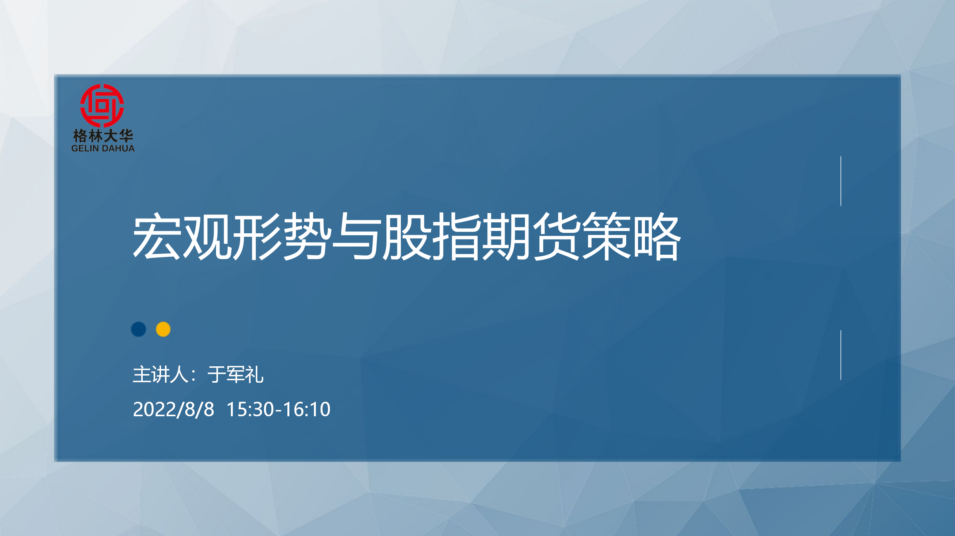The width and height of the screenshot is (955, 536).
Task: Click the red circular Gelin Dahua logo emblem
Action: [x=102, y=106]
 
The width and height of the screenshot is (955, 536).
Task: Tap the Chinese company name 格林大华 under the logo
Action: [x=103, y=136]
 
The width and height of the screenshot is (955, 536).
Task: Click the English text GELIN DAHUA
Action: [x=103, y=148]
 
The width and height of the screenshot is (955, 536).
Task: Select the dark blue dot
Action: [x=138, y=329]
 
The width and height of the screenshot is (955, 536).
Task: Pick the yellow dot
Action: [x=163, y=329]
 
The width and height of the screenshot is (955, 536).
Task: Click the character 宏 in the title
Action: [x=157, y=236]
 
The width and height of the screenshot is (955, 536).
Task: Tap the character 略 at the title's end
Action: [x=657, y=236]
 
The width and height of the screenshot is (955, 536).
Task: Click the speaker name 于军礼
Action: [x=236, y=375]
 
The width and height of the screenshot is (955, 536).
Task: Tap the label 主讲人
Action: [x=161, y=375]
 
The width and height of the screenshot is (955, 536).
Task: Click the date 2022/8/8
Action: [x=174, y=410]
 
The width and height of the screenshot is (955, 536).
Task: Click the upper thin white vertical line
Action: [x=841, y=181]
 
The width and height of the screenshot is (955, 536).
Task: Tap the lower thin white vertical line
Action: [x=841, y=355]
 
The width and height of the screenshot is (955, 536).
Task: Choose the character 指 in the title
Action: [x=457, y=236]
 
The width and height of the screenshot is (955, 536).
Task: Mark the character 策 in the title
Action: [x=607, y=236]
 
